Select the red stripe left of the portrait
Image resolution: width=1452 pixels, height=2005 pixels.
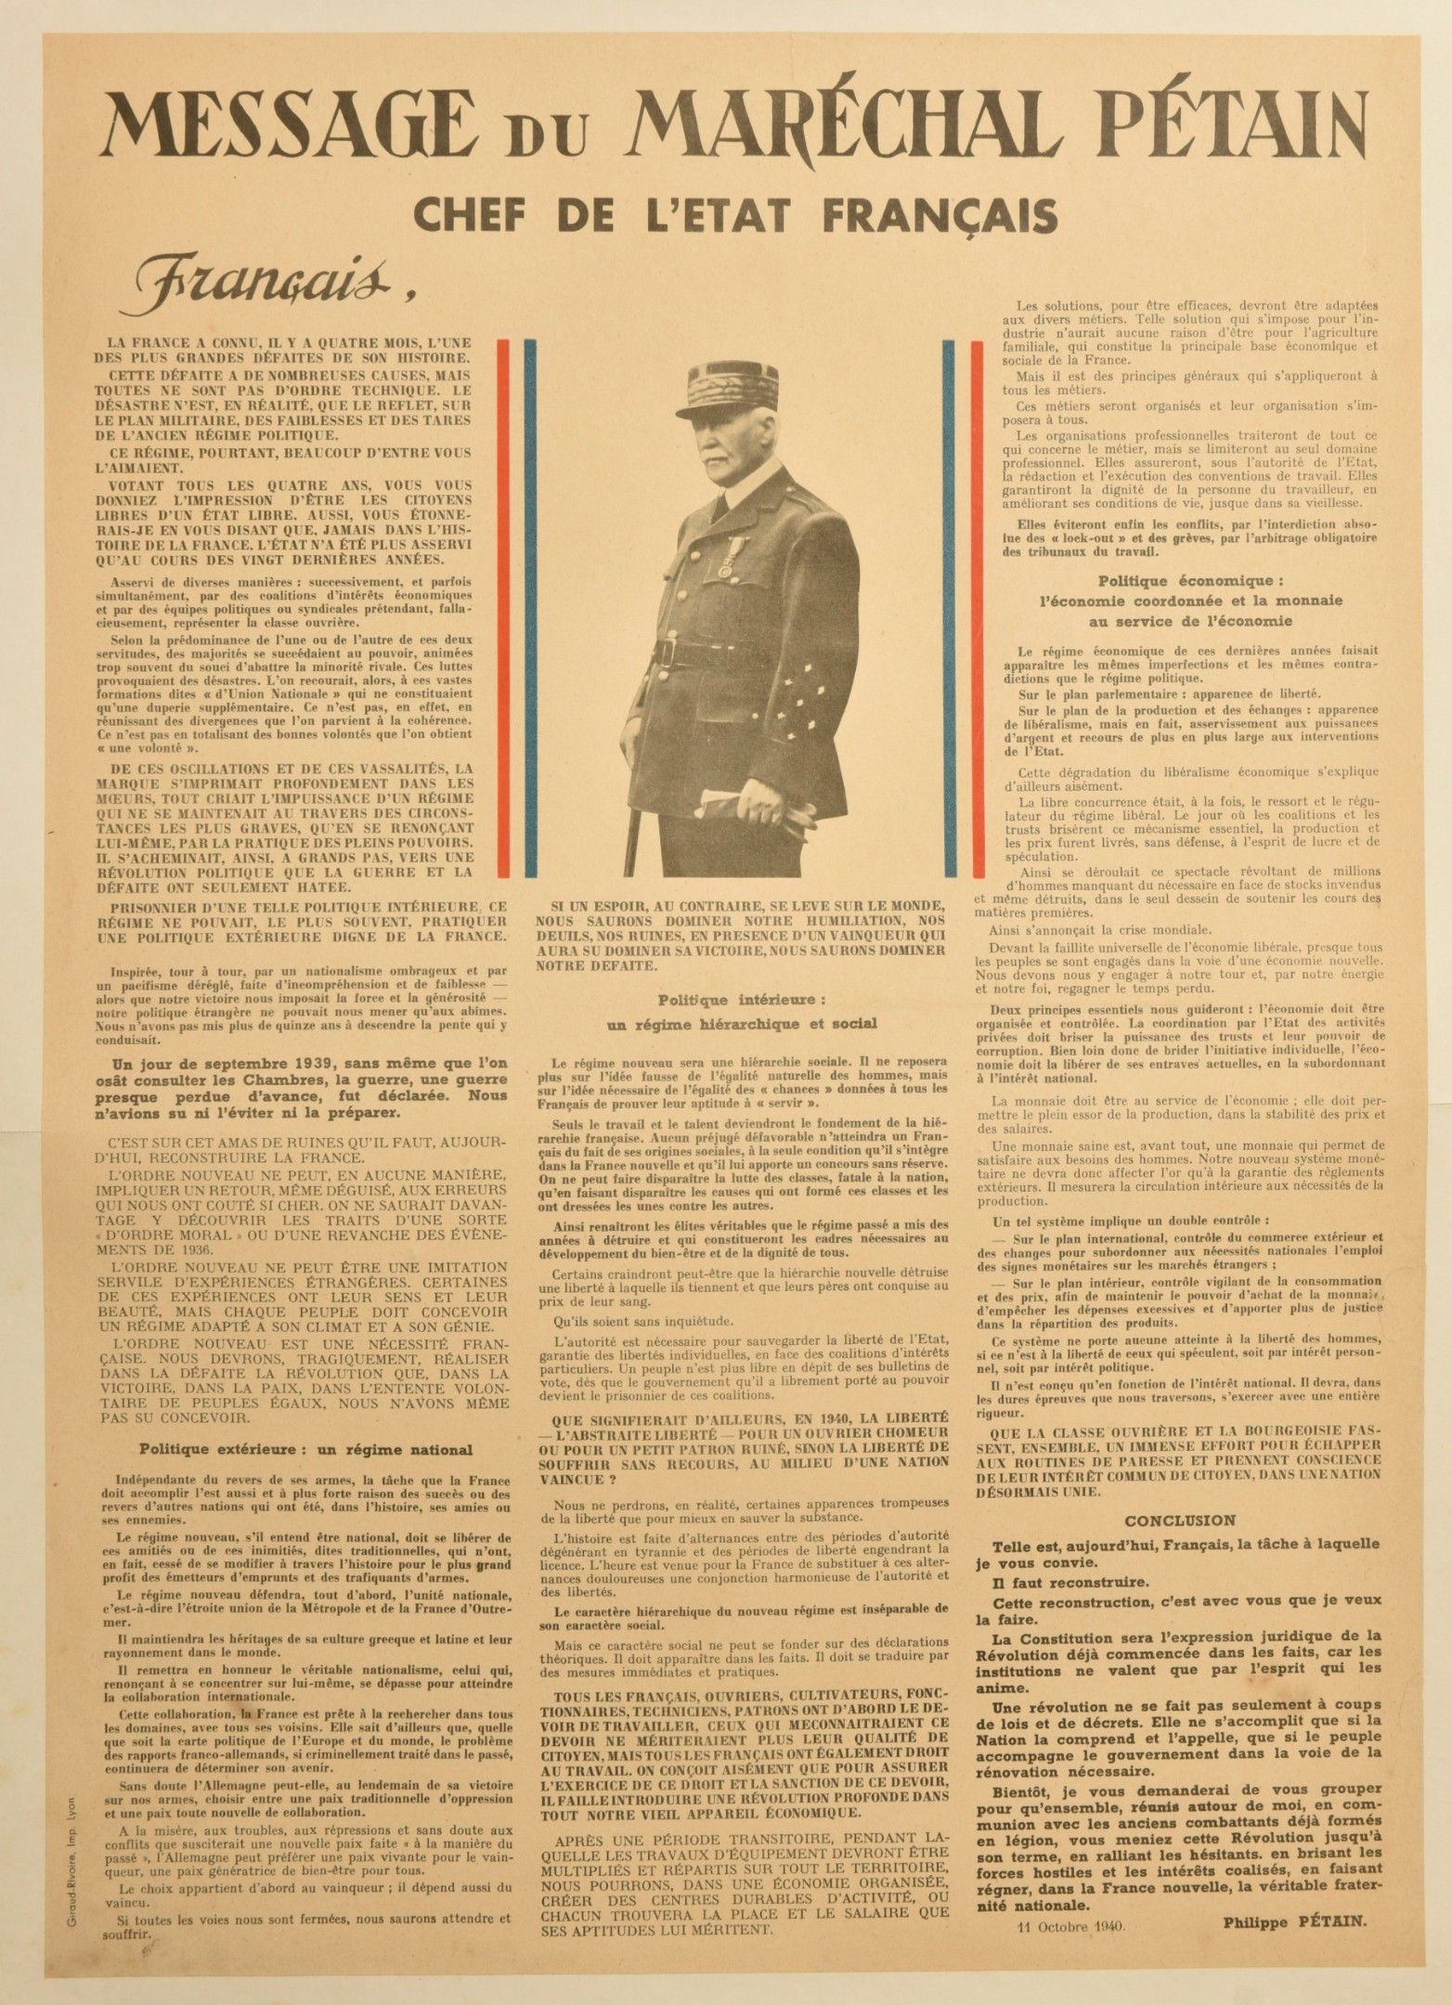(504, 608)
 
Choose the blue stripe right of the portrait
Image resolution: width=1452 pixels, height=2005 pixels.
(949, 608)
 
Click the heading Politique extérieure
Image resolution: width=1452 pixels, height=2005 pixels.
(305, 1450)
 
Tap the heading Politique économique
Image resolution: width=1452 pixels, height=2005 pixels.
(1189, 581)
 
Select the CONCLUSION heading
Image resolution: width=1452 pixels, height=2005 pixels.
(1179, 1520)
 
